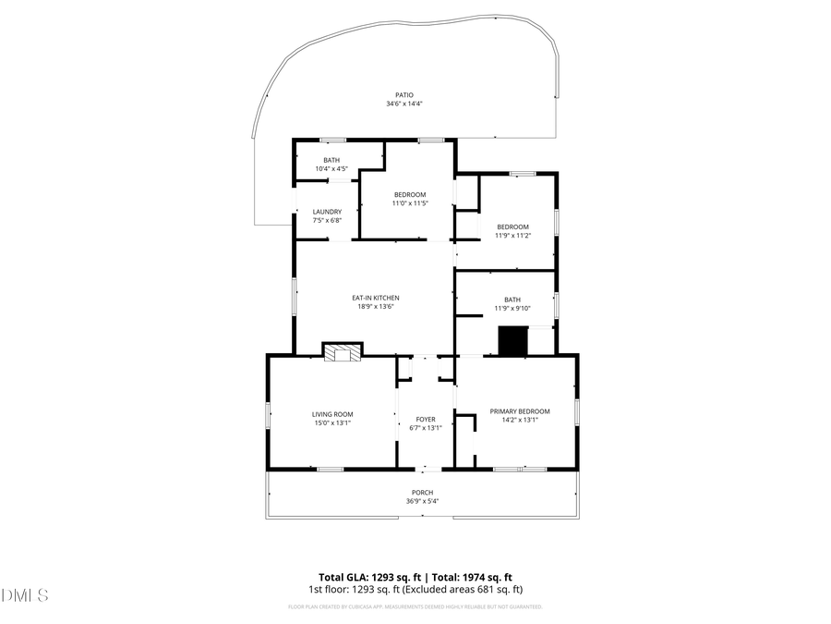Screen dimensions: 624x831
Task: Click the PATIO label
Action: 403,94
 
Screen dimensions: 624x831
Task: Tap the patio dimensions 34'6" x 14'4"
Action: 403,104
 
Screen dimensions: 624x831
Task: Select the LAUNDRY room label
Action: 327,212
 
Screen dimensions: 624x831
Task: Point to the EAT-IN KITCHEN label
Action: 376,298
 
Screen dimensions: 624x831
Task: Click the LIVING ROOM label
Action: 332,414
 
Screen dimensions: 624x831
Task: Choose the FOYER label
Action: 426,419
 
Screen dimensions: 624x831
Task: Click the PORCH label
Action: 422,492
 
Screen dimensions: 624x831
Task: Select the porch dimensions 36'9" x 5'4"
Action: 422,501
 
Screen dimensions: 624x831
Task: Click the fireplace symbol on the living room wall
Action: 342,351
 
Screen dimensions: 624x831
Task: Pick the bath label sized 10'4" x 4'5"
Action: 331,160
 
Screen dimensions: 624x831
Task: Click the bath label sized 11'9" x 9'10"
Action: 512,300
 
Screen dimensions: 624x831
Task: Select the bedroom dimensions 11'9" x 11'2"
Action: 512,236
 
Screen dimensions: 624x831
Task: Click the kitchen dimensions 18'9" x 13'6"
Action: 376,307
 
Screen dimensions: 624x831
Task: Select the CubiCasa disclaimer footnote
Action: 415,607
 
